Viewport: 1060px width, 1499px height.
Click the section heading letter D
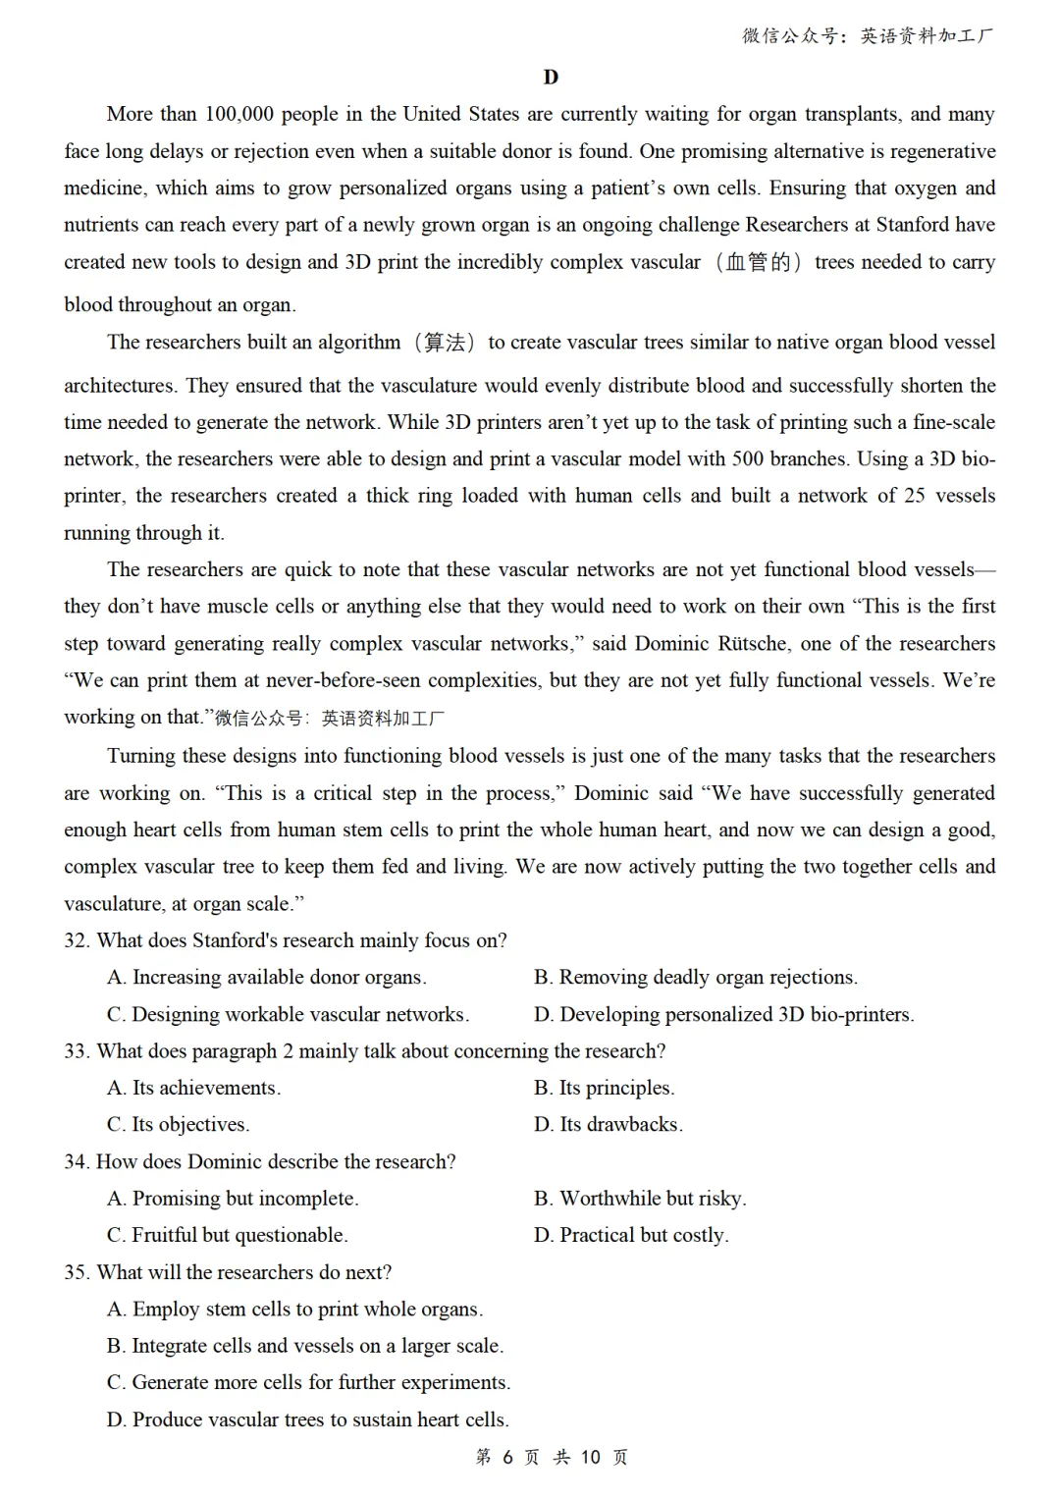coord(550,78)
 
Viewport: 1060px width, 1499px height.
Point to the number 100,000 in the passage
coord(238,114)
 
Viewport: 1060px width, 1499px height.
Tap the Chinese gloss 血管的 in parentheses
coord(758,262)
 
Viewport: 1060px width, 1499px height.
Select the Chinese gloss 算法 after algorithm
coord(445,343)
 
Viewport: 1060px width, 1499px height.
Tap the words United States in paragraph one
coord(461,114)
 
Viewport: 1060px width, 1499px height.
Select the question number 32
coord(76,940)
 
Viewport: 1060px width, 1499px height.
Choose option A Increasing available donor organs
coord(266,978)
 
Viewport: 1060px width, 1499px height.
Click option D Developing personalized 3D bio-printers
coord(723,1014)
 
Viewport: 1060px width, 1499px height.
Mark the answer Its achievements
coord(193,1088)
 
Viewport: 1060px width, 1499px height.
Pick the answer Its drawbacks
coord(608,1125)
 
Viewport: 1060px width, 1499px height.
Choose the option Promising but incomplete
coord(233,1199)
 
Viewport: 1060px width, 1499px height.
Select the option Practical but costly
coord(631,1235)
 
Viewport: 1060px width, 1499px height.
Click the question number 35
coord(76,1272)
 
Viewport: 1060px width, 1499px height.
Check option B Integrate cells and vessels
coord(304,1346)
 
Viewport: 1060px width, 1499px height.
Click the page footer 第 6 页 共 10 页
coord(551,1457)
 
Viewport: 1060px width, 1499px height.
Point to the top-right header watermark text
coord(868,36)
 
